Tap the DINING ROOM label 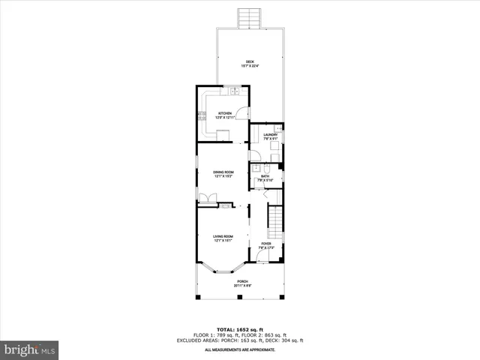223,174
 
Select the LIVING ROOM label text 223,238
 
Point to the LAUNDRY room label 270,136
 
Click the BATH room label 265,178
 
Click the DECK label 250,63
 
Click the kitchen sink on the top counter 234,91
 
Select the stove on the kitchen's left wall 201,115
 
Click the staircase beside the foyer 277,220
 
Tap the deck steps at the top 248,17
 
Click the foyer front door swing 262,257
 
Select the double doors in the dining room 207,198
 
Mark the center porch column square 239,298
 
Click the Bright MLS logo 29,349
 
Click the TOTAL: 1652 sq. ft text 240,329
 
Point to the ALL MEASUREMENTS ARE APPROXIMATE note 240,349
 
